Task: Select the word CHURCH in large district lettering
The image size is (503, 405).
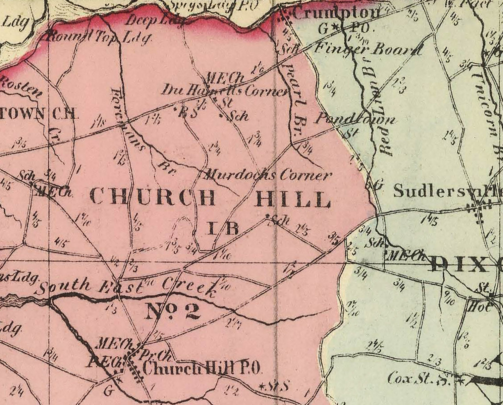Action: click(153, 197)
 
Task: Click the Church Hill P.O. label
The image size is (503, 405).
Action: click(201, 368)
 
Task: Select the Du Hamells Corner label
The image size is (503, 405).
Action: click(225, 91)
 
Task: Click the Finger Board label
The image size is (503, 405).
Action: click(367, 50)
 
